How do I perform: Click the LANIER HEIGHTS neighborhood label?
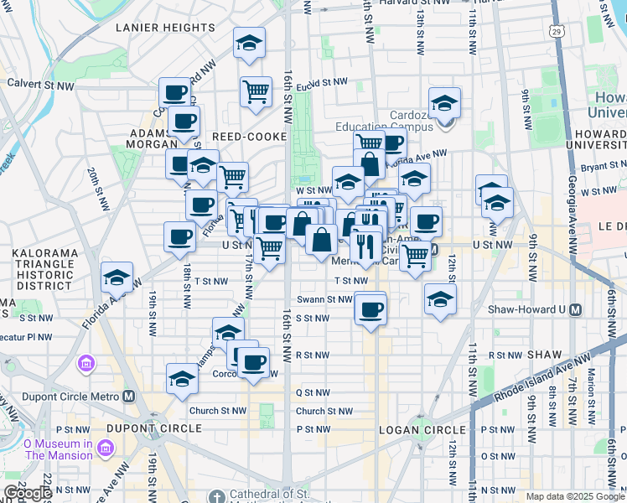[x=165, y=28]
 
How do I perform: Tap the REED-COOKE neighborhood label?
[x=249, y=136]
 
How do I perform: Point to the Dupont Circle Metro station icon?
[x=128, y=397]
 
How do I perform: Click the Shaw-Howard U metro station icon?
[x=575, y=309]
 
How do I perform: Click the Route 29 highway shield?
[x=557, y=31]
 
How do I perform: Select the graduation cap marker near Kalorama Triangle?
[x=117, y=277]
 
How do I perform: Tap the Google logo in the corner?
[x=28, y=493]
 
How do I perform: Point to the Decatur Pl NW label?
[x=27, y=337]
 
